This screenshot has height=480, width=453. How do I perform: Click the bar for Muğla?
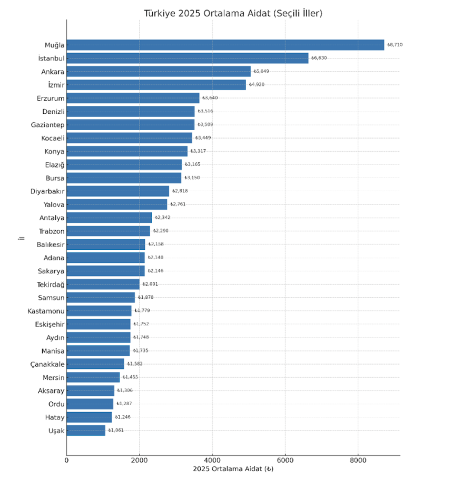pos(225,45)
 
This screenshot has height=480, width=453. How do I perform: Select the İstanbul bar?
pos(188,58)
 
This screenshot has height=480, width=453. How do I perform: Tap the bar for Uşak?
pos(86,430)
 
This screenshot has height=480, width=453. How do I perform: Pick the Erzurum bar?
pos(133,98)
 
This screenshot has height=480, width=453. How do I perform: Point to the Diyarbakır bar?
pos(118,191)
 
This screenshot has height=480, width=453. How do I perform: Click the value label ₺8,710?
pos(395,45)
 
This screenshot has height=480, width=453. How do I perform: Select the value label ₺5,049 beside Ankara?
pos(261,71)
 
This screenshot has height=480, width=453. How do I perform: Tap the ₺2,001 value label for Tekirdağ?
pos(150,284)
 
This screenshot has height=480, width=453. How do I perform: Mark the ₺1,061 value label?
pos(116,430)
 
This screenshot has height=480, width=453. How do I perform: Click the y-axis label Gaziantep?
pos(47,124)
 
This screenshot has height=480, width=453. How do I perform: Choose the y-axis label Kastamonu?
pos(46,311)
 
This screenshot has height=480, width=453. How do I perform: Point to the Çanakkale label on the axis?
pos(47,364)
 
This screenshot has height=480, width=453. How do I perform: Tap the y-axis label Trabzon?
pos(52,231)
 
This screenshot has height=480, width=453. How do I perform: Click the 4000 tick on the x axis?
pos(212,460)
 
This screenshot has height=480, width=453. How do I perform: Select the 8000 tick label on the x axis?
pos(358,460)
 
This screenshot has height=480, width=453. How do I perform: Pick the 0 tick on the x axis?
pos(67,460)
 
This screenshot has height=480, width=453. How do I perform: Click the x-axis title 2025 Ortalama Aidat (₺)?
pos(233,469)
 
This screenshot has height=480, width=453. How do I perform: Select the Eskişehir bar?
pos(99,324)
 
